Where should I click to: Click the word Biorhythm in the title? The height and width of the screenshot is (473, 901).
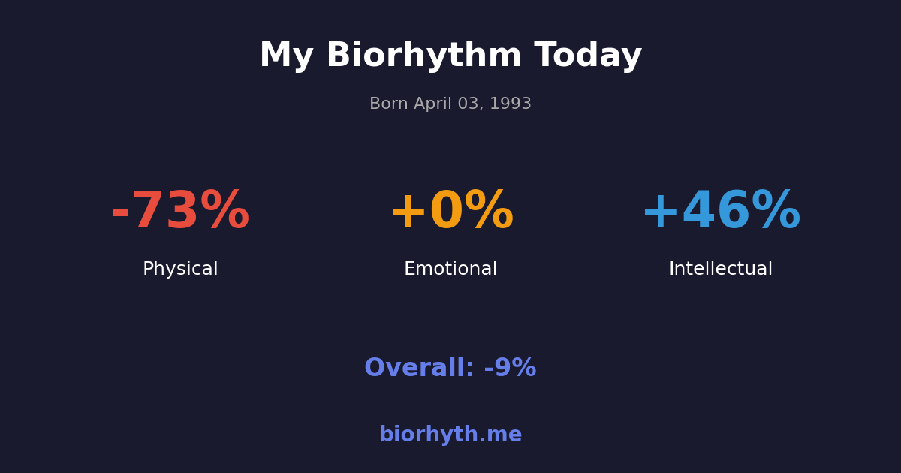click(x=423, y=56)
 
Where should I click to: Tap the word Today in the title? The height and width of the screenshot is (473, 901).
click(x=588, y=56)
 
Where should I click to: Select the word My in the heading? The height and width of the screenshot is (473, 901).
click(x=286, y=56)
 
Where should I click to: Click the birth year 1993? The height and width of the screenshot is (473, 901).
click(x=511, y=104)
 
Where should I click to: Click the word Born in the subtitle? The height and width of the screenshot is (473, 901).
click(x=388, y=104)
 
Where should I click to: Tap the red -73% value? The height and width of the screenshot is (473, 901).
click(x=180, y=212)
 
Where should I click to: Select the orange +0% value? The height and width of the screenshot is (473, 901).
click(x=450, y=212)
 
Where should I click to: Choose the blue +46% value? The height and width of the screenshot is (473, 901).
click(x=721, y=212)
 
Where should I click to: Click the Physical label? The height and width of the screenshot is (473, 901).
click(x=180, y=270)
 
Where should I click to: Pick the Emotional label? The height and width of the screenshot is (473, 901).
click(x=450, y=270)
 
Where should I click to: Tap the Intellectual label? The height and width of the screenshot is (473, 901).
click(x=721, y=270)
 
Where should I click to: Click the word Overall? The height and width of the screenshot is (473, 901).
click(x=419, y=369)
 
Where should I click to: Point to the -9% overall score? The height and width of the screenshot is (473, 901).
click(x=510, y=369)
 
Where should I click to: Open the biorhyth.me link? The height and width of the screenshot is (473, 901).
click(x=450, y=435)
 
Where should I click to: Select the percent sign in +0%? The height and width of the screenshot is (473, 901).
click(x=489, y=212)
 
